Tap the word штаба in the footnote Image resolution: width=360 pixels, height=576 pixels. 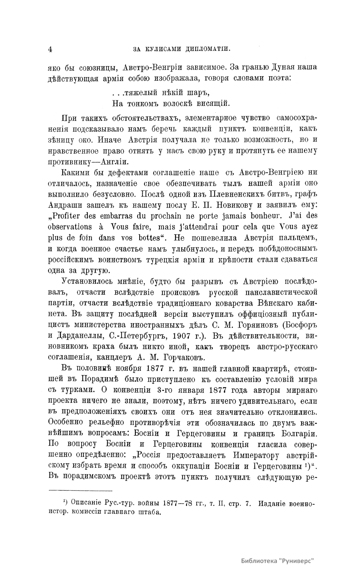149,512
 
